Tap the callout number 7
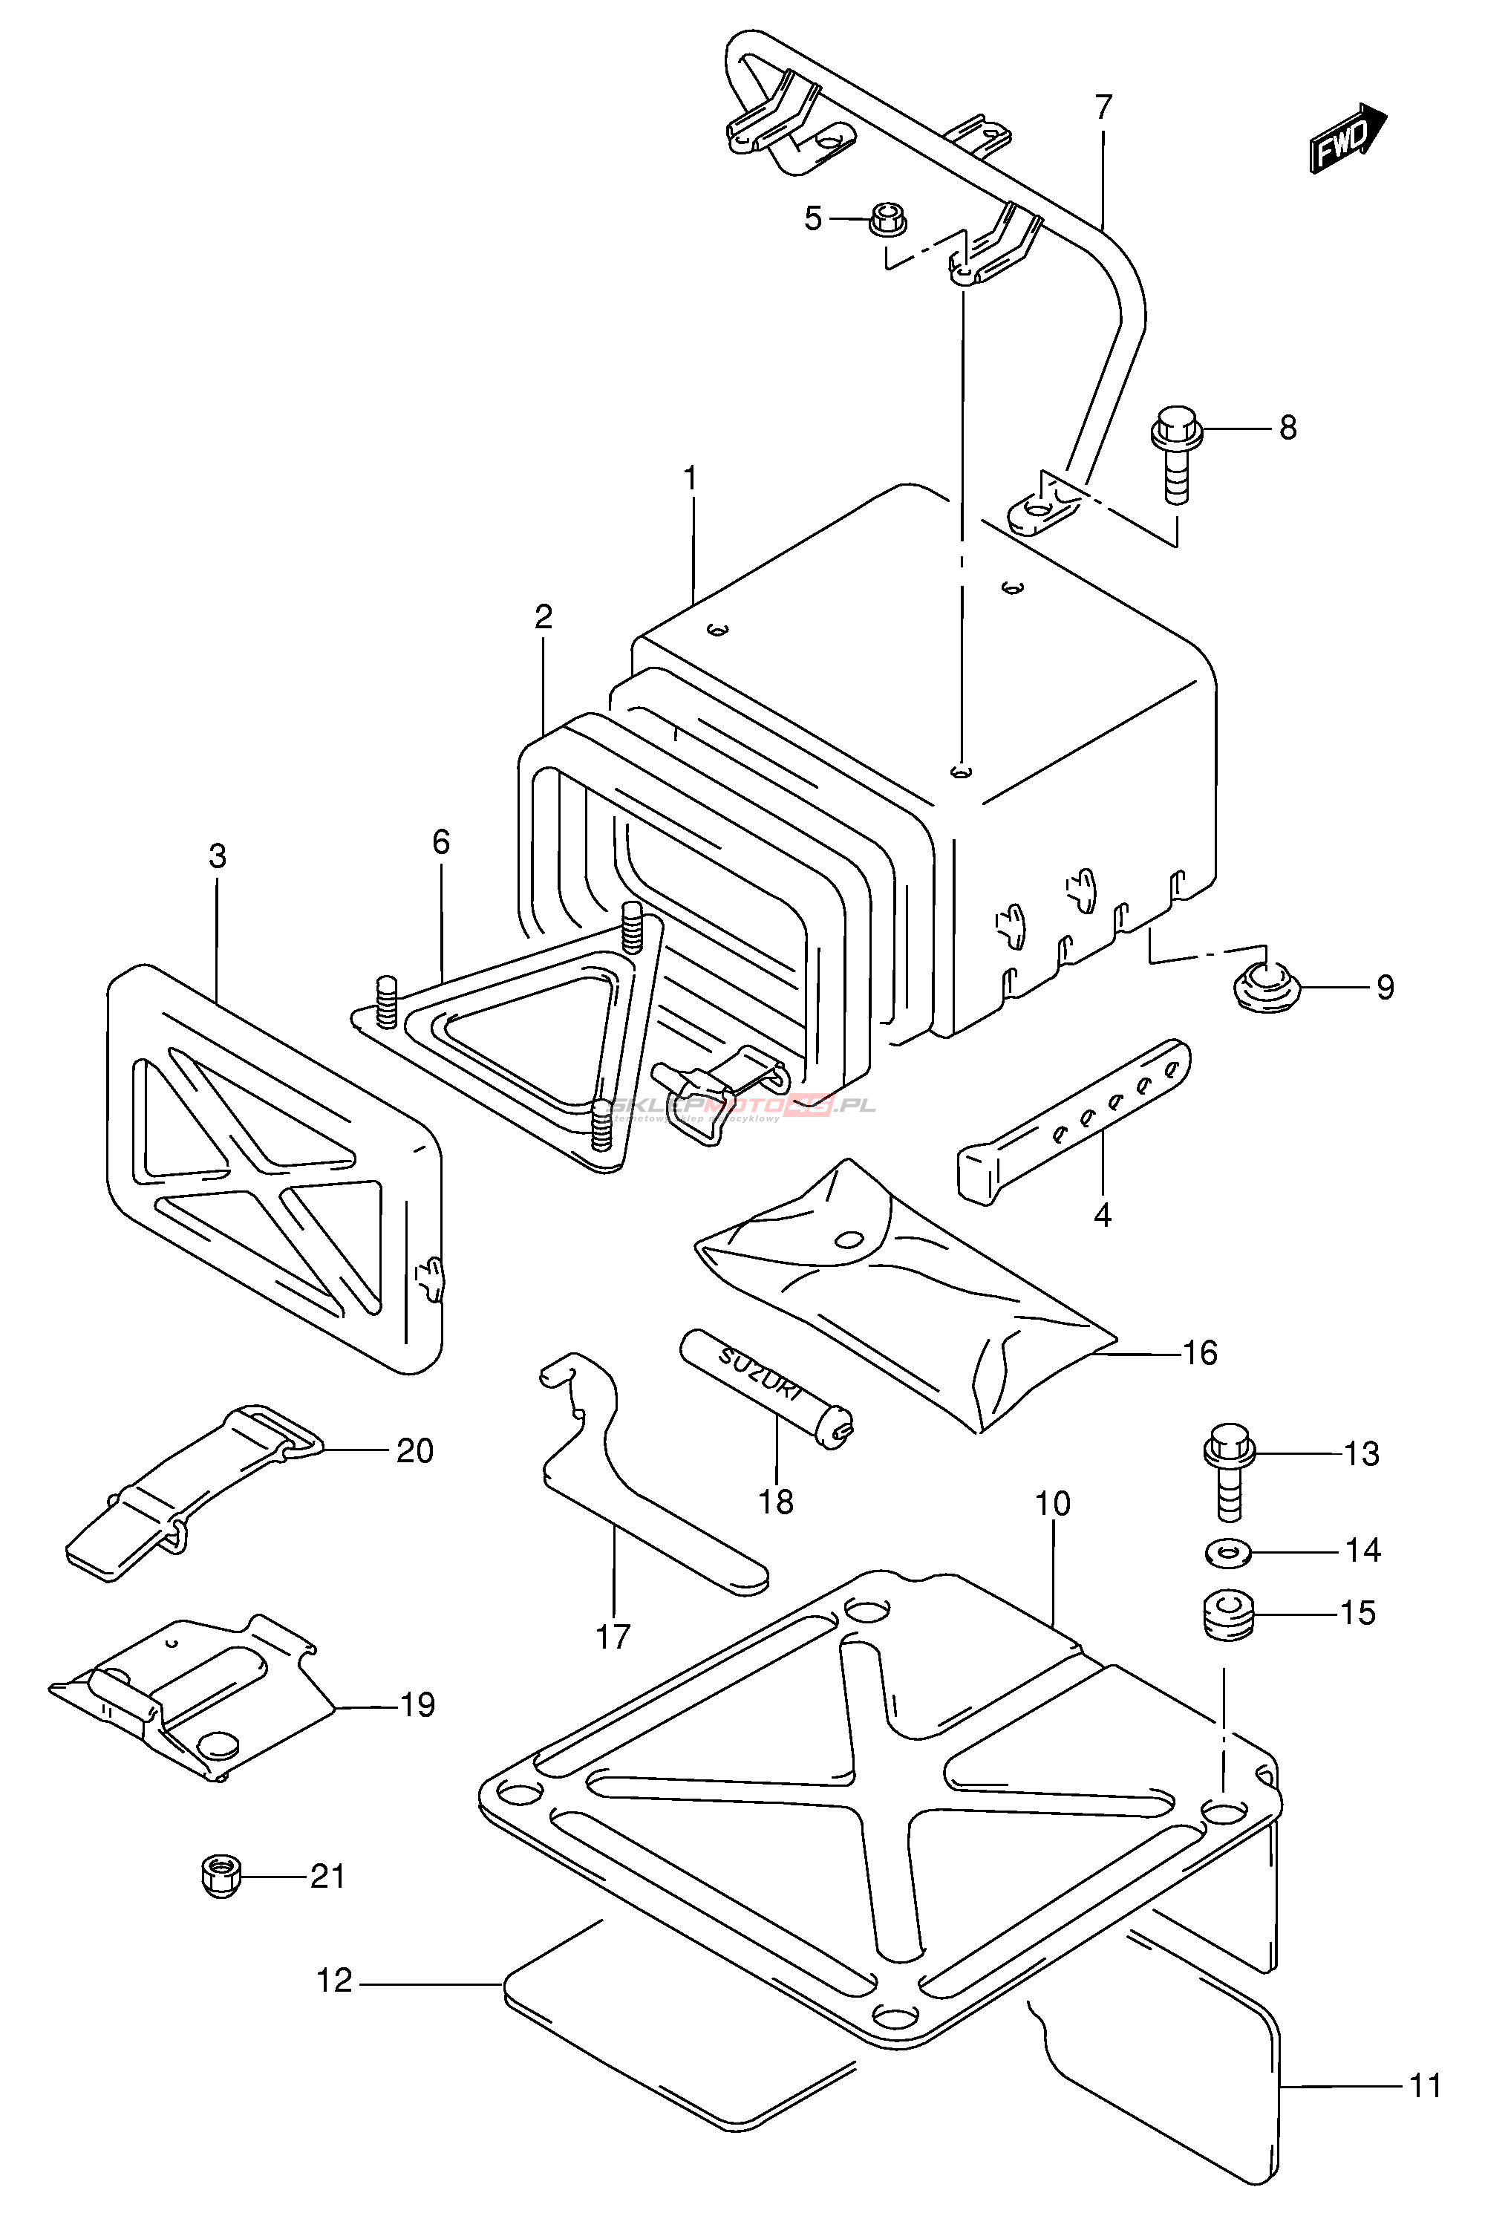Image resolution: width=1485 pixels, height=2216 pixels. tap(1103, 107)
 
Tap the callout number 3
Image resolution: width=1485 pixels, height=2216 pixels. tap(218, 856)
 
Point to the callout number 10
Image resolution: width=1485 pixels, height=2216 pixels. tap(1052, 1503)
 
